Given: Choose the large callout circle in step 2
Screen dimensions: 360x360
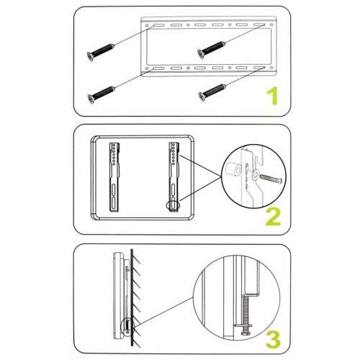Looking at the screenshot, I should pyautogui.click(x=252, y=176).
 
